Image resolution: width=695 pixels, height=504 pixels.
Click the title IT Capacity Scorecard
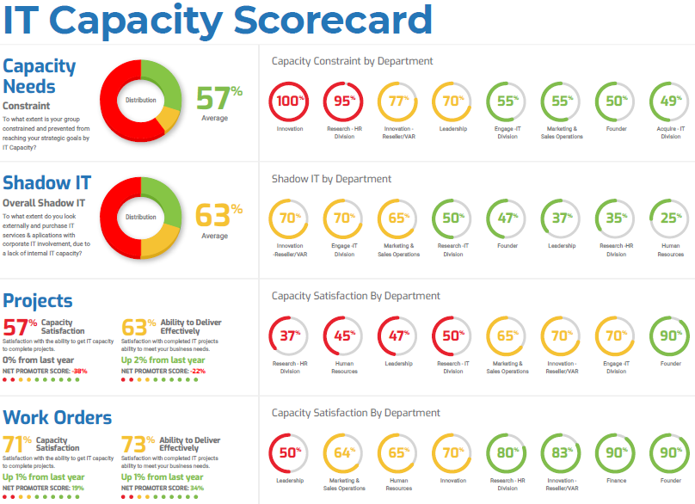click(x=217, y=21)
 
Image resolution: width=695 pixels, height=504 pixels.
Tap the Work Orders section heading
click(x=58, y=417)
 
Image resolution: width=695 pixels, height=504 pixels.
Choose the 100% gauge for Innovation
click(x=290, y=101)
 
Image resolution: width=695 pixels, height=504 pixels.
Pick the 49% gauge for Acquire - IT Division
click(x=669, y=101)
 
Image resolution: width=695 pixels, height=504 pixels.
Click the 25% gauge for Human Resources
click(x=669, y=218)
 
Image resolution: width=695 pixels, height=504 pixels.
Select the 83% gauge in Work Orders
click(x=562, y=452)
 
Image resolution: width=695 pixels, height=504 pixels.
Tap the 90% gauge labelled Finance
click(x=616, y=452)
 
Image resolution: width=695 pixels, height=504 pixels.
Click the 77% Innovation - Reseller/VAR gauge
click(x=398, y=101)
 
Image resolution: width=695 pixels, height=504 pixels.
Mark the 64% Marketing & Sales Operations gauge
click(x=344, y=452)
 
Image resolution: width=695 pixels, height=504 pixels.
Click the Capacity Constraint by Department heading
click(x=352, y=61)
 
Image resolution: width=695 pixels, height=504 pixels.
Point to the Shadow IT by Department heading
click(x=331, y=179)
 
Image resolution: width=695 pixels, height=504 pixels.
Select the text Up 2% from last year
click(x=163, y=360)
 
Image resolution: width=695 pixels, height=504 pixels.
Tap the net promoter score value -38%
click(x=80, y=371)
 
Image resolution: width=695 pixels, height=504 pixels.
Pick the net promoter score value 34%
click(x=197, y=488)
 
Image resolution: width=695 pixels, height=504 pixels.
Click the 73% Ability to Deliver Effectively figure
click(x=139, y=446)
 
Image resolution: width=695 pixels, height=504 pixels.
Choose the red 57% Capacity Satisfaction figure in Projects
click(x=20, y=328)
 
